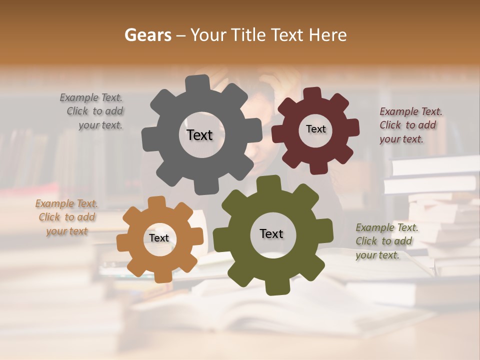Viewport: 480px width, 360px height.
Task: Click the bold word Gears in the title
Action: pos(147,35)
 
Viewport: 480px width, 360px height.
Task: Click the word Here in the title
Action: pos(327,35)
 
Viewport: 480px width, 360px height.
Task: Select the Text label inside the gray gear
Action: pos(199,135)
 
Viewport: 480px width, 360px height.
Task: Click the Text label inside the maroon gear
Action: pos(315,129)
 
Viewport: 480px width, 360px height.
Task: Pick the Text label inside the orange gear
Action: pos(159,238)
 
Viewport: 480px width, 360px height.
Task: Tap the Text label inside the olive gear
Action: pos(271,233)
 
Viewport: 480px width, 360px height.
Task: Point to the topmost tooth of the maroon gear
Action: pos(312,93)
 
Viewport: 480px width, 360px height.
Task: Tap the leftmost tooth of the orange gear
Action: pos(122,243)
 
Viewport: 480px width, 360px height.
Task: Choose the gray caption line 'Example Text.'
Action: pos(91,97)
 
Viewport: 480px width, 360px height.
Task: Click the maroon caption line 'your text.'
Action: pos(401,139)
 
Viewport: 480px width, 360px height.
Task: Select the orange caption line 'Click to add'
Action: pos(67,217)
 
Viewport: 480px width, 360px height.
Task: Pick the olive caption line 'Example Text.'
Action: pos(387,227)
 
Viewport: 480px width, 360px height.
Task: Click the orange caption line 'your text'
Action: pos(67,231)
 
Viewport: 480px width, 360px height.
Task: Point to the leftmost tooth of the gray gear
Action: pos(147,139)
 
